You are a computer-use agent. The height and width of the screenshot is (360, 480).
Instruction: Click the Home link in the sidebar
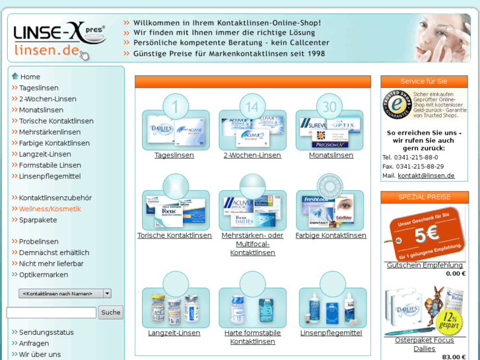[30, 77]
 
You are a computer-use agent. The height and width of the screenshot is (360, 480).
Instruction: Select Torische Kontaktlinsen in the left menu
[56, 121]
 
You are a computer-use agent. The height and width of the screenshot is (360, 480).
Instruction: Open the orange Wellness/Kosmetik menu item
[50, 209]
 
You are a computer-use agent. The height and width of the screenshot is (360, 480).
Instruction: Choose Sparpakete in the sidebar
[38, 220]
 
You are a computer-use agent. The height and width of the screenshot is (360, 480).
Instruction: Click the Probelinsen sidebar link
[38, 242]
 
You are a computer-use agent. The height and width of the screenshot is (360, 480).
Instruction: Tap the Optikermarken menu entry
[43, 275]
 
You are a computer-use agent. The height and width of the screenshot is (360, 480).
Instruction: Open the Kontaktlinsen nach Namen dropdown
[65, 293]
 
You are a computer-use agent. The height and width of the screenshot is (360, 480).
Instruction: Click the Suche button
[111, 312]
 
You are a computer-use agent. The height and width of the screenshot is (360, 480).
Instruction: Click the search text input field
[51, 312]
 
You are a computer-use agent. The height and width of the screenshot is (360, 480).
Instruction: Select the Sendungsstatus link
[46, 332]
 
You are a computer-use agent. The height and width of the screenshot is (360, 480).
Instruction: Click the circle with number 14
[252, 107]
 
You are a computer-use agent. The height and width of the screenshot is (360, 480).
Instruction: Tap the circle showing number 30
[329, 107]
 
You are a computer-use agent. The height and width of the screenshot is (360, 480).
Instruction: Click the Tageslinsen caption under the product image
[174, 155]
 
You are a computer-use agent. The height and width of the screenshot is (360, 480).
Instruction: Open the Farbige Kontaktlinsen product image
[330, 211]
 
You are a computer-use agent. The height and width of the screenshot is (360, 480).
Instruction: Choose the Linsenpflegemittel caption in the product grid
[331, 333]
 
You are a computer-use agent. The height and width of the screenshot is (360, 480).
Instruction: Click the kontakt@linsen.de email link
[426, 176]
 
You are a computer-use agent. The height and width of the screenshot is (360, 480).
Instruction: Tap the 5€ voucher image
[424, 234]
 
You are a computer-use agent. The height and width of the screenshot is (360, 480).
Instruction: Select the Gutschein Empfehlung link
[425, 266]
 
